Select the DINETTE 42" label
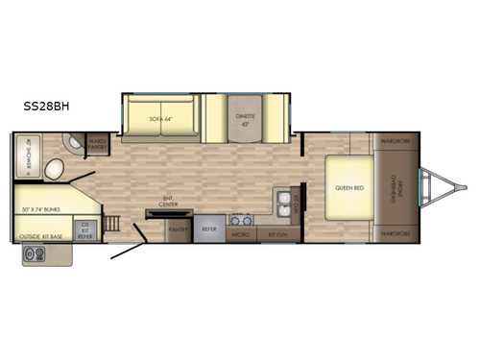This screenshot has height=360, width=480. coord(246,119)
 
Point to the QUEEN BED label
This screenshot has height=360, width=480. coord(348,188)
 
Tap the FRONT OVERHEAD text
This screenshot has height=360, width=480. coord(396,188)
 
